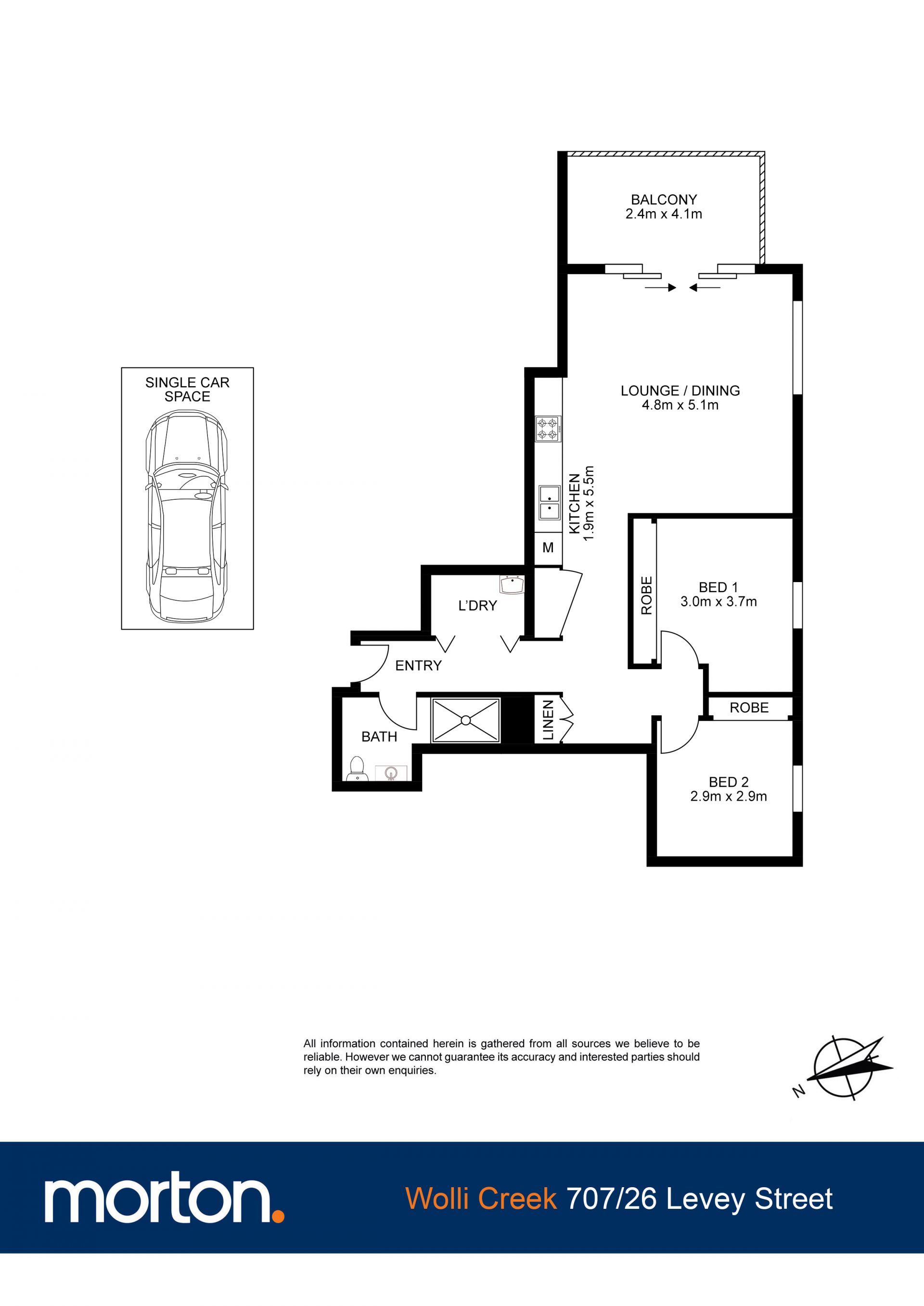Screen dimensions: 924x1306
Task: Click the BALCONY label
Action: [664, 200]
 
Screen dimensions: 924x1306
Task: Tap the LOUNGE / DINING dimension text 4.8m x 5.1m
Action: [680, 405]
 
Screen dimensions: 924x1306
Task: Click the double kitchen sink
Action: [549, 503]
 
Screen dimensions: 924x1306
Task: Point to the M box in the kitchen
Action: [548, 547]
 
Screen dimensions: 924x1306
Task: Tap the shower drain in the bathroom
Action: [466, 720]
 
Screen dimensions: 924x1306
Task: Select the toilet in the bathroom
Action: [357, 768]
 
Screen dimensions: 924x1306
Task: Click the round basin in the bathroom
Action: [391, 773]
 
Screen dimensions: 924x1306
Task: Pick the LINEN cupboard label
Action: [548, 720]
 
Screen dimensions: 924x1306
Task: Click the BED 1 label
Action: [718, 587]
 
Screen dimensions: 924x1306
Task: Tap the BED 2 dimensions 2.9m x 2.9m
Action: [728, 796]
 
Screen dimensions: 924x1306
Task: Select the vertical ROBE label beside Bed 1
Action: [646, 596]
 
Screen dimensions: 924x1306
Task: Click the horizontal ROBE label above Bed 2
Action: [749, 708]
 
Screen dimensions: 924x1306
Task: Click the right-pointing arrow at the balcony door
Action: [661, 288]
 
